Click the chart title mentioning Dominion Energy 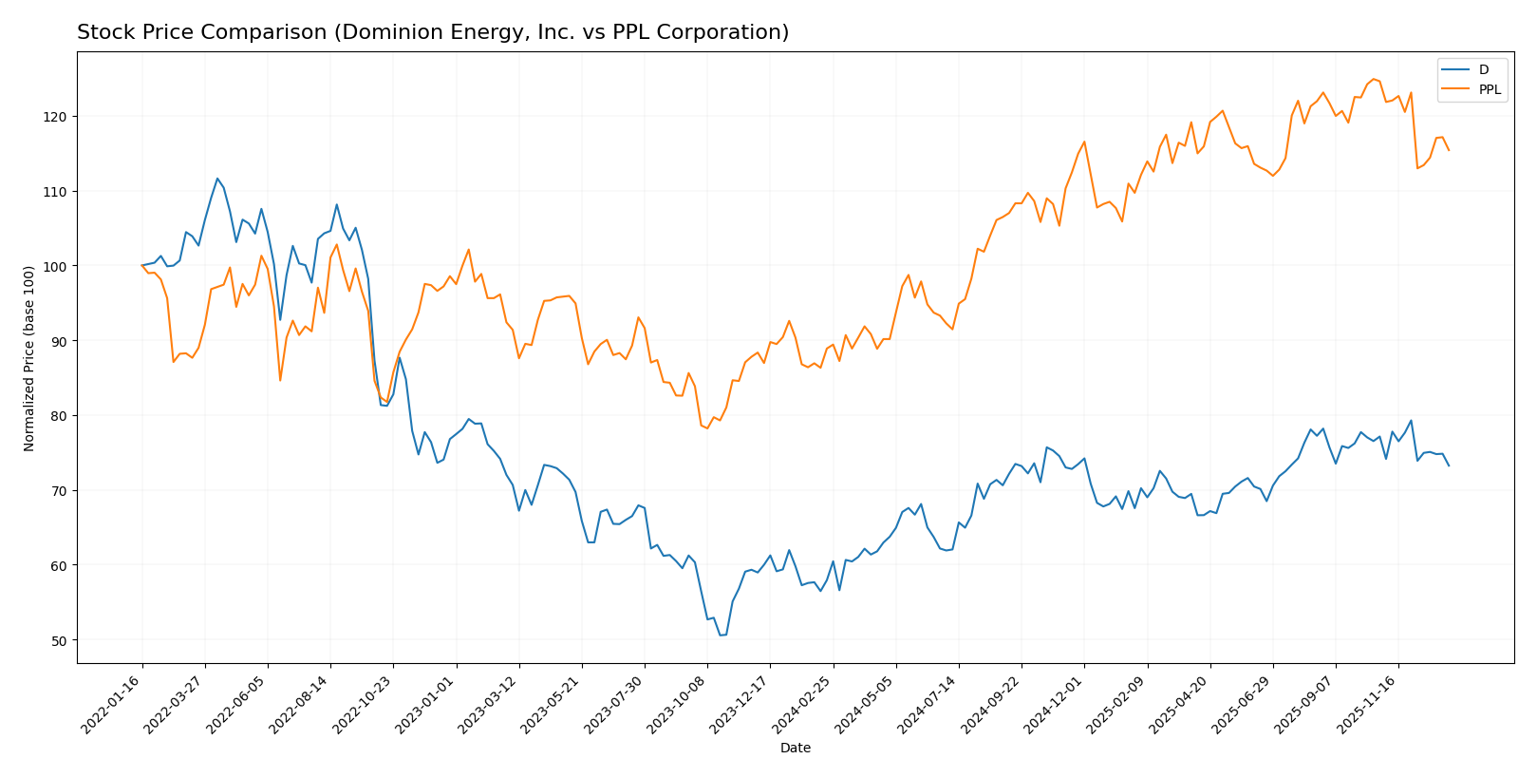click(x=433, y=32)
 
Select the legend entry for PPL click(x=1490, y=90)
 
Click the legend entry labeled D click(x=1483, y=70)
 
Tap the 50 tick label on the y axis click(x=60, y=640)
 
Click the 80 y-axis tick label click(x=60, y=416)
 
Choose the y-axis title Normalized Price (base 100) click(x=28, y=358)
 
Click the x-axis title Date click(x=795, y=749)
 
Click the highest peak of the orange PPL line click(x=1373, y=79)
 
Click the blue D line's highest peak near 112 click(x=217, y=179)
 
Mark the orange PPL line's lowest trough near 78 click(x=707, y=428)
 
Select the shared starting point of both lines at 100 click(x=142, y=265)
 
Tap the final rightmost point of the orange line click(x=1449, y=150)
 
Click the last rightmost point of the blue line click(x=1449, y=465)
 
